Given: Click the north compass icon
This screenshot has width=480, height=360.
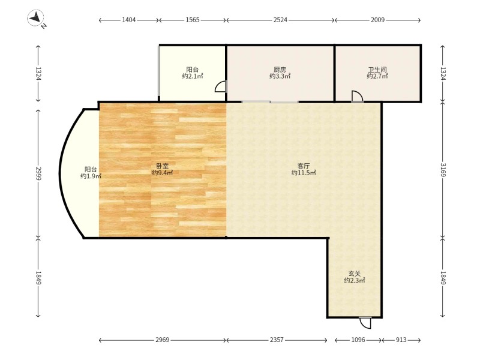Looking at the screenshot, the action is point(36,18).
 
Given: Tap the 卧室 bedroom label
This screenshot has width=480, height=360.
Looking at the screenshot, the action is point(162,166).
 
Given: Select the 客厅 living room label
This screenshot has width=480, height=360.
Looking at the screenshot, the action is point(304,166).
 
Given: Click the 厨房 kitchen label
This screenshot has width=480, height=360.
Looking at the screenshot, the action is point(280,70).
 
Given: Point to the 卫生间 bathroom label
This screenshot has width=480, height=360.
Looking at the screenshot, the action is point(377,70).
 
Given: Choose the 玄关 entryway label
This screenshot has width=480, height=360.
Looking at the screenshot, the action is point(355,274).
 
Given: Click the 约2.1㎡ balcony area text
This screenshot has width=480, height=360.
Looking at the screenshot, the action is point(193,76).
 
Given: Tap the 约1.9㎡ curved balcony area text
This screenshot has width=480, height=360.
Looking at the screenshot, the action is point(91,176).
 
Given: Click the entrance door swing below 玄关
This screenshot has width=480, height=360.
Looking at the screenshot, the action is point(365,323).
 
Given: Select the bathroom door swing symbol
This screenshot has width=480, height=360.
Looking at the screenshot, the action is point(357,96).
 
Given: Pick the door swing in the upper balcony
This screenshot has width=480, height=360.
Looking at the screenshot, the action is point(221,86).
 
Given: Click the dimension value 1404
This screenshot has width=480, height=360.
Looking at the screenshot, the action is point(129,20).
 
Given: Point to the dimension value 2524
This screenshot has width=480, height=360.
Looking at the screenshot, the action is point(280,20).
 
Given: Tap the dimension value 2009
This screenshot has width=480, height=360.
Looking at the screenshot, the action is point(378,20).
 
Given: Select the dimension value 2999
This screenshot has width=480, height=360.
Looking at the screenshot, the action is point(38,173).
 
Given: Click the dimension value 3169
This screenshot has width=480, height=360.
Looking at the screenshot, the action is point(443,170).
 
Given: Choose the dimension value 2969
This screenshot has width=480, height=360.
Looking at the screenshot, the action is point(162,340).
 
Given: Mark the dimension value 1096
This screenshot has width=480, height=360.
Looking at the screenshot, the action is point(358,340).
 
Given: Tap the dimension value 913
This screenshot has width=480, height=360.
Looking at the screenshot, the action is point(401,340).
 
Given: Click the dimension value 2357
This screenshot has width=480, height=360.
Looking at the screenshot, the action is point(277,340).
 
